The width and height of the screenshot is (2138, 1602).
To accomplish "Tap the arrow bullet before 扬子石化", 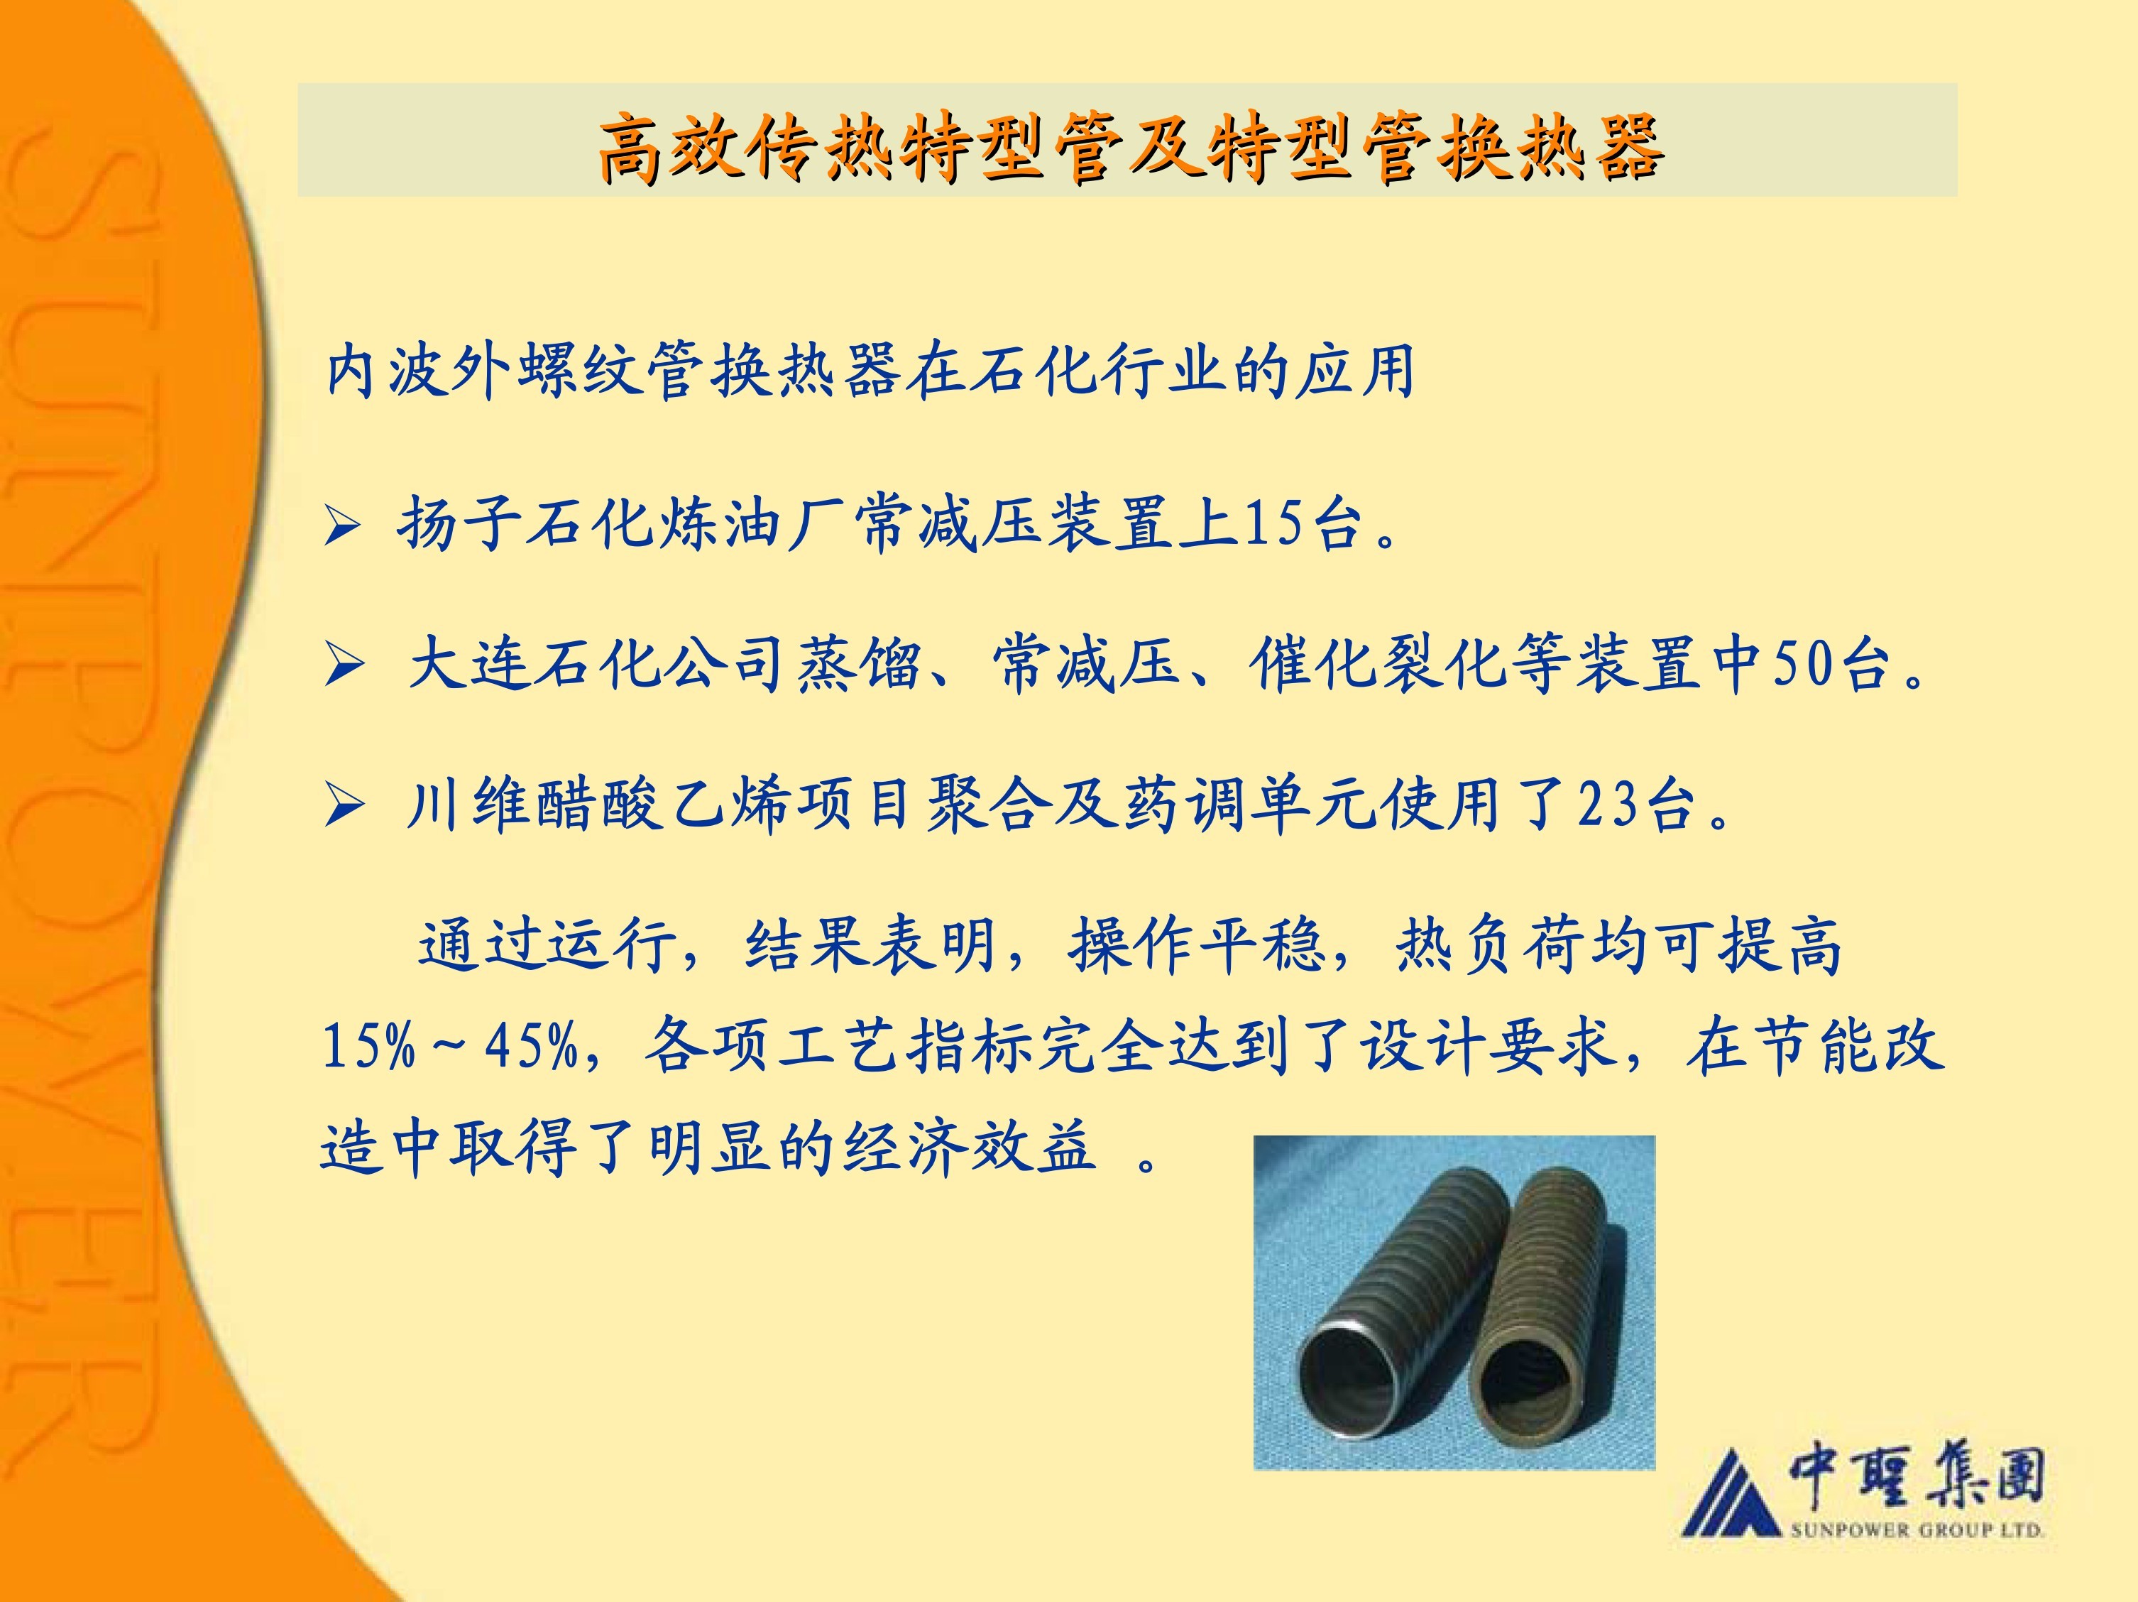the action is click(x=342, y=528).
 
